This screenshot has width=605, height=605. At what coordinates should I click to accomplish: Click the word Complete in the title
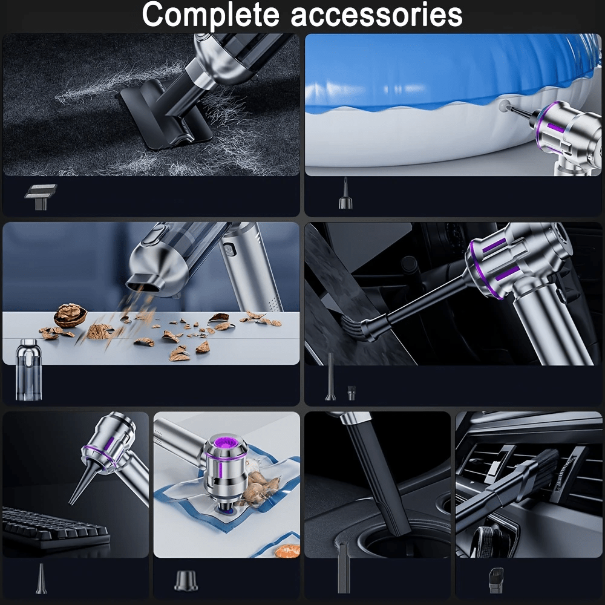point(211,15)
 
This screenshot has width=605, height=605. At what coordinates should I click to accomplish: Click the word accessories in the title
point(376,16)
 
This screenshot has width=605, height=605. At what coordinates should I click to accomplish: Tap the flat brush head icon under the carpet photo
point(41,197)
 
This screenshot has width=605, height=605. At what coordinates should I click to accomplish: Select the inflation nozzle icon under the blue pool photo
point(345,194)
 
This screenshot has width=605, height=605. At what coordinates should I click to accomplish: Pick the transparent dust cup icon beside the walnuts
point(28,369)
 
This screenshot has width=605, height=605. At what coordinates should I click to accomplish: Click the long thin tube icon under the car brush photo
point(331,376)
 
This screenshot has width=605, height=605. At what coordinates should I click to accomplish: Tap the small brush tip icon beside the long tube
point(351,393)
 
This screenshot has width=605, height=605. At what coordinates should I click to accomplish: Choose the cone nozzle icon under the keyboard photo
point(41,579)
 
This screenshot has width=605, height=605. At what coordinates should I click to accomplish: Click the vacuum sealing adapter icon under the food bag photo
point(186,581)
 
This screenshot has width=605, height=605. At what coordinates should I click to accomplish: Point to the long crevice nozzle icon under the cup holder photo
point(344,567)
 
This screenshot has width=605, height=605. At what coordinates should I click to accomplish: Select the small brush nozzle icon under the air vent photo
point(496,580)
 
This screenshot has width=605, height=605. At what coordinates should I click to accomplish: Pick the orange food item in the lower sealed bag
point(289,550)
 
